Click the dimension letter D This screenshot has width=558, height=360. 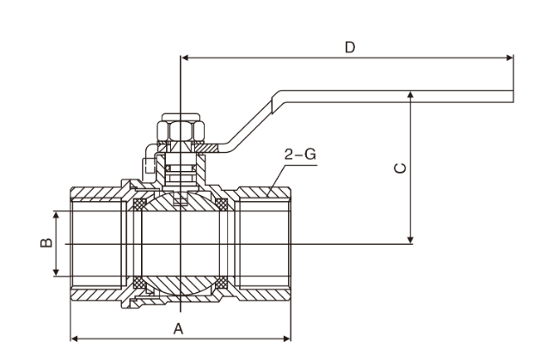tap(349, 46)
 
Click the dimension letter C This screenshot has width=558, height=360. tap(399, 168)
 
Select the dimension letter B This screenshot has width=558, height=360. tap(46, 243)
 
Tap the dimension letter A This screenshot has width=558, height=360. tap(179, 326)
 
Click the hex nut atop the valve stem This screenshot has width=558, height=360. tap(180, 130)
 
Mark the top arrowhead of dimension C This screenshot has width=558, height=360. tap(412, 96)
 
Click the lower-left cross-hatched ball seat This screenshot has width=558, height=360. tap(138, 282)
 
